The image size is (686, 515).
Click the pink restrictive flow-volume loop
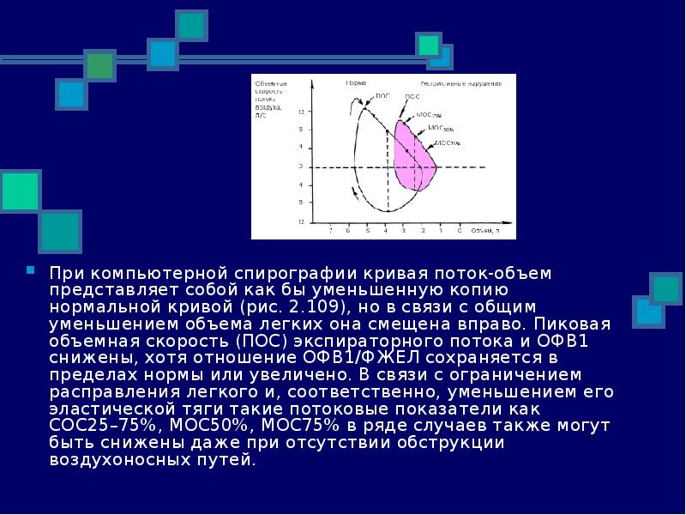[416, 159]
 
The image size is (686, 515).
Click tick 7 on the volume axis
[331, 231]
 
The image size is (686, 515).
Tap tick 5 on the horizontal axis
[367, 231]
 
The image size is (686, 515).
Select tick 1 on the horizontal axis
[441, 231]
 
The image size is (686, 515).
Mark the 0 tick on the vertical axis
[301, 167]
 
